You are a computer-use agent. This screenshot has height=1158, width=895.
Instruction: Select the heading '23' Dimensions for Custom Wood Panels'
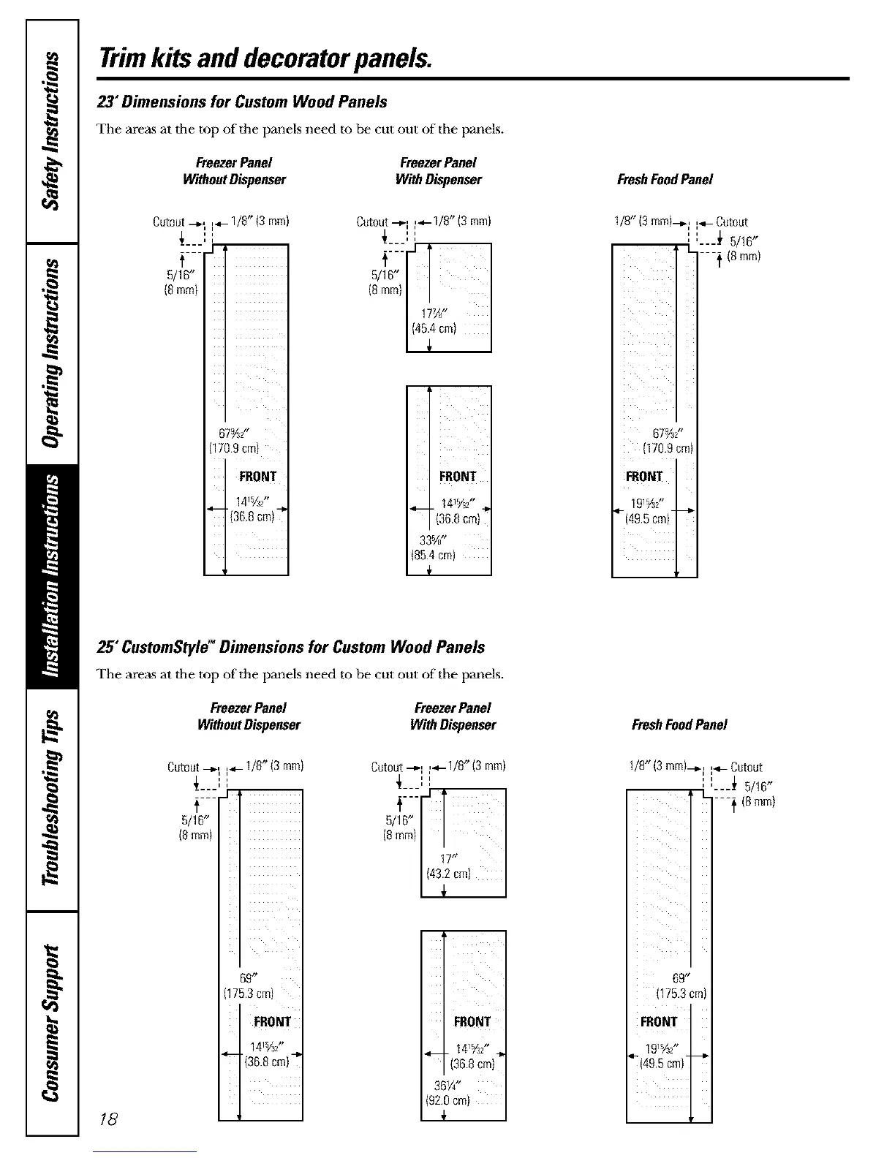pyautogui.click(x=242, y=102)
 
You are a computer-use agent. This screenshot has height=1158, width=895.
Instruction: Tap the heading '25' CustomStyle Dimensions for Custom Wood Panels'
pyautogui.click(x=291, y=647)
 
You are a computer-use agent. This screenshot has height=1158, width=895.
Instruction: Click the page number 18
pyautogui.click(x=109, y=1119)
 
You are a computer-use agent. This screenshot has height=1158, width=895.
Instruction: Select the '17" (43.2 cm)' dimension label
pyautogui.click(x=448, y=866)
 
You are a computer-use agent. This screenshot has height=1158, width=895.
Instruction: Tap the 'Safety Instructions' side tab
pyautogui.click(x=52, y=131)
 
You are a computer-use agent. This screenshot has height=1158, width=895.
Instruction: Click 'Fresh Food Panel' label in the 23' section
pyautogui.click(x=665, y=179)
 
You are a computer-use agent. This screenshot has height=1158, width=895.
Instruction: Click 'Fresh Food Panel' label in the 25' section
pyautogui.click(x=679, y=724)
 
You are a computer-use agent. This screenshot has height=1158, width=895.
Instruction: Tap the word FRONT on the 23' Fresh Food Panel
pyautogui.click(x=643, y=477)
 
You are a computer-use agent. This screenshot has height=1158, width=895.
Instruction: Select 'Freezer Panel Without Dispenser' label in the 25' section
pyautogui.click(x=249, y=716)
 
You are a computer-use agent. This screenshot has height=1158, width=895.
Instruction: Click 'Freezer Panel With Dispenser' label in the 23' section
pyautogui.click(x=438, y=171)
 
